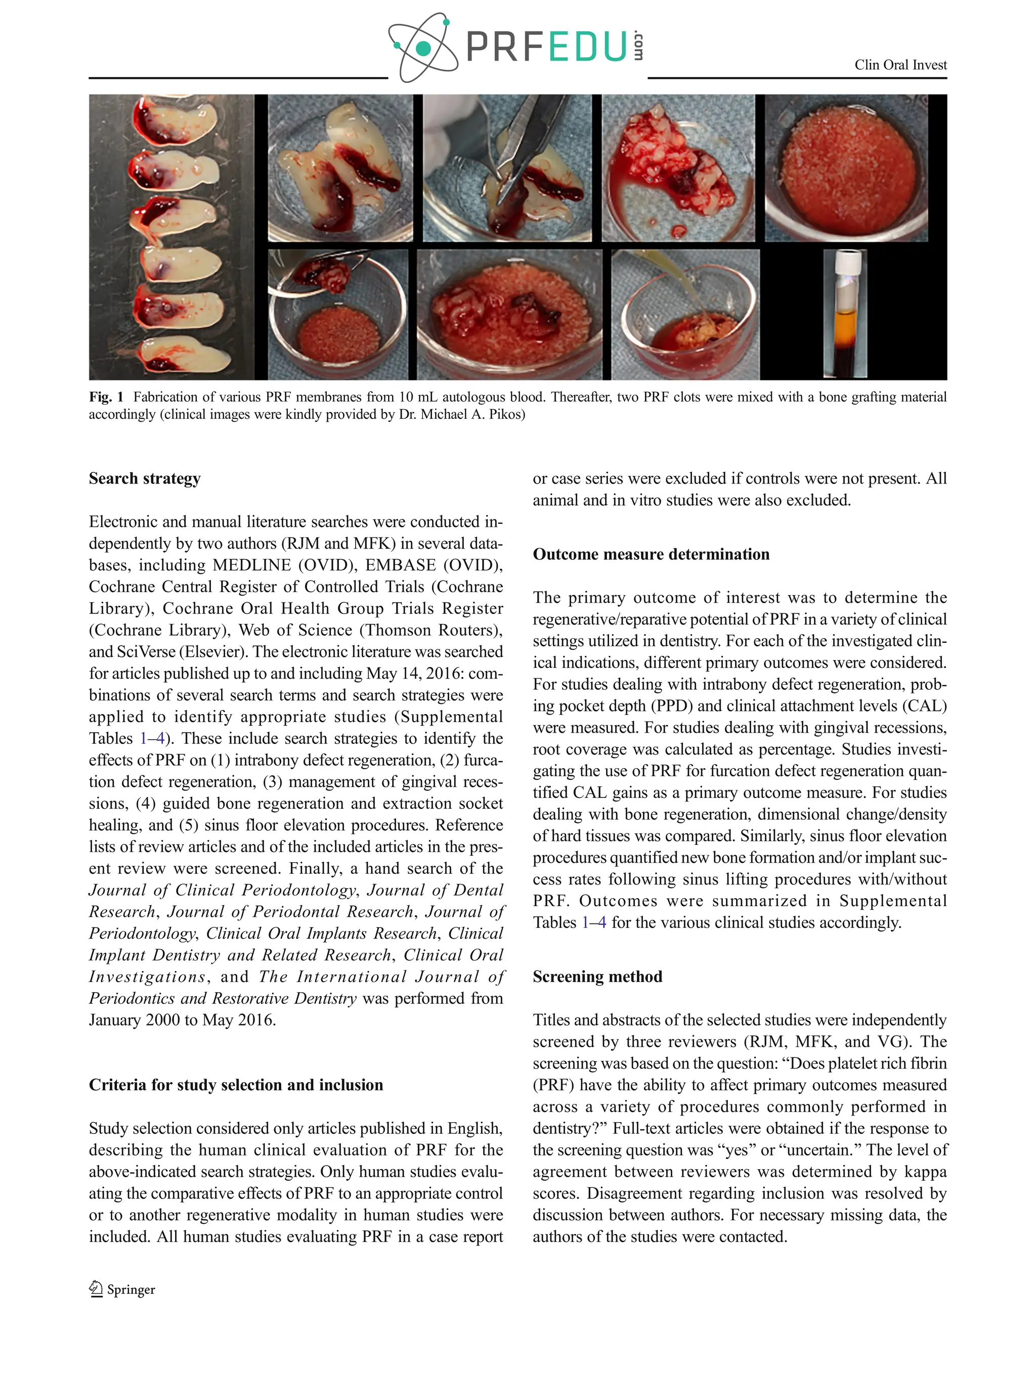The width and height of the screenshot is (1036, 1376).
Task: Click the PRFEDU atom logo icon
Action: (422, 47)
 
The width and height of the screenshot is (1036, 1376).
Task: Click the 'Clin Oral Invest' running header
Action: (900, 65)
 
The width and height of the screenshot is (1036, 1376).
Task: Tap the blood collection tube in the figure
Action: (844, 314)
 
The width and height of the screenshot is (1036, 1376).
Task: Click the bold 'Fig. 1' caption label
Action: (106, 397)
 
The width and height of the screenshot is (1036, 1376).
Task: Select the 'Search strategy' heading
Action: (144, 478)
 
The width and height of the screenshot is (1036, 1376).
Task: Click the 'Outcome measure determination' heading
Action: (651, 554)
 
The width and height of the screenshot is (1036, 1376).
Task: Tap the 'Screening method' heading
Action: (597, 976)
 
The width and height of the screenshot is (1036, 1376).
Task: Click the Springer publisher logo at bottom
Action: (122, 1290)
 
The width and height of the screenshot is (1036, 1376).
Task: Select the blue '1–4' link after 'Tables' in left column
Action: (152, 738)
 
